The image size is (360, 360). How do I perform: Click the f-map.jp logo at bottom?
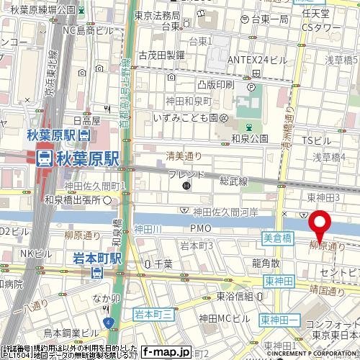coord(166,352)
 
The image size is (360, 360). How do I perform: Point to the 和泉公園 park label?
coord(250,138)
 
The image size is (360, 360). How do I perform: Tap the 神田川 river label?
coord(148,229)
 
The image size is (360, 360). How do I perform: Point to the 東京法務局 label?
coord(157,15)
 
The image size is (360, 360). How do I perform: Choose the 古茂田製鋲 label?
coord(161,55)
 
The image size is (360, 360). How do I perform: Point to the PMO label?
coord(201,229)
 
